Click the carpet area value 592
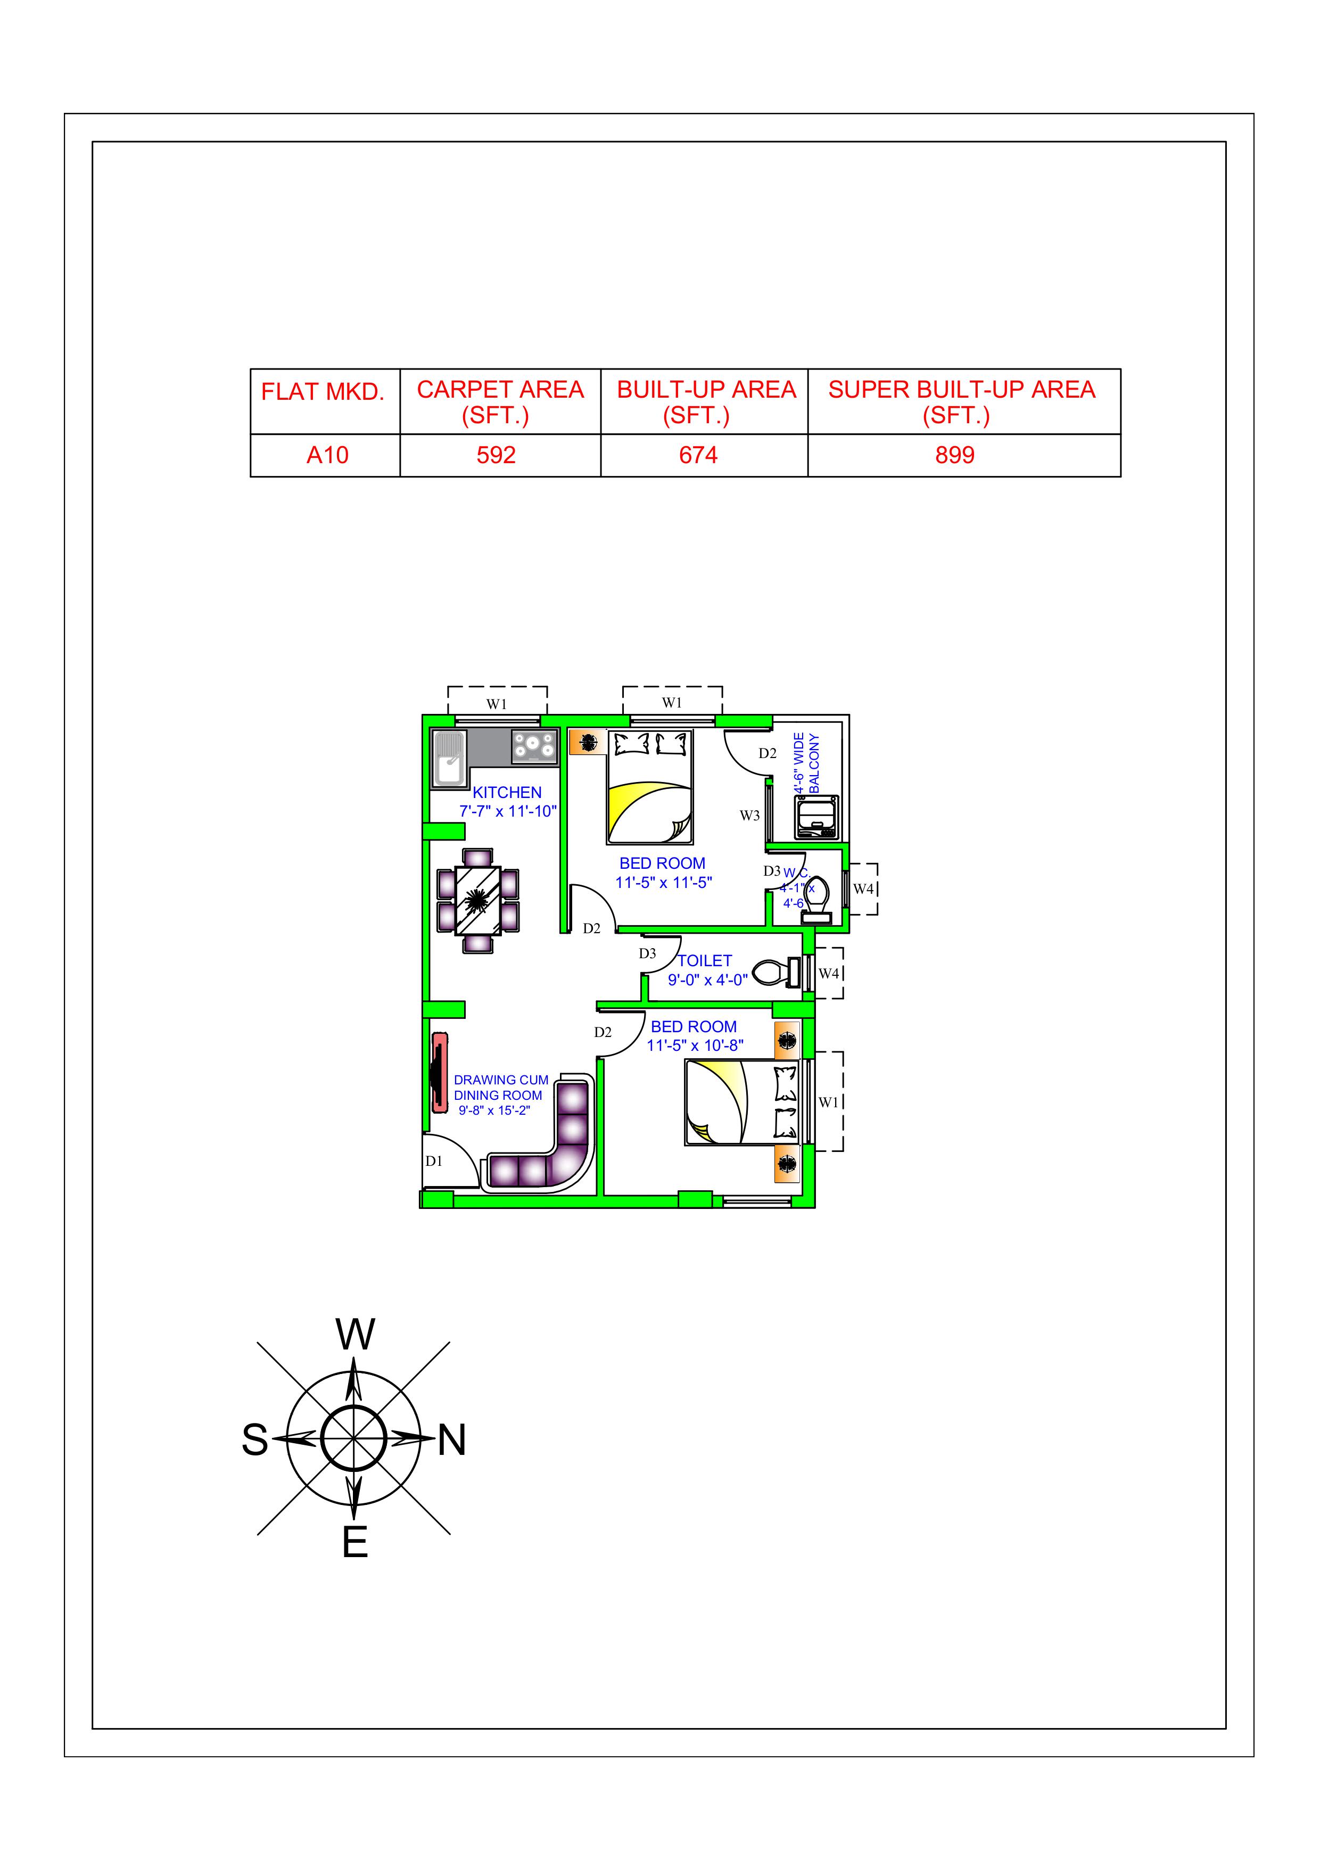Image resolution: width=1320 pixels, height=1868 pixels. click(496, 455)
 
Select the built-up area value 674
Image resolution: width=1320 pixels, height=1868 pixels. click(698, 455)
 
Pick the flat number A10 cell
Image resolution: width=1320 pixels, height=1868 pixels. click(327, 455)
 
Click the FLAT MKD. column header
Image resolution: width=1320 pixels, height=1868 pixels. click(323, 392)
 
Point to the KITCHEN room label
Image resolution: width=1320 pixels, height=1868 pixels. click(507, 793)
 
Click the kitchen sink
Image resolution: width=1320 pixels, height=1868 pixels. click(448, 759)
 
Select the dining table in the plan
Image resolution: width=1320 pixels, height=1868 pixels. click(478, 901)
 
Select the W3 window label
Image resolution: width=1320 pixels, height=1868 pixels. click(749, 815)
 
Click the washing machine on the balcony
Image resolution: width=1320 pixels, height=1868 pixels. click(816, 817)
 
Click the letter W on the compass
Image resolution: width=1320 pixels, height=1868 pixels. click(356, 1334)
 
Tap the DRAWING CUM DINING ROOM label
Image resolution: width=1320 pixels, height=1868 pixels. click(500, 1088)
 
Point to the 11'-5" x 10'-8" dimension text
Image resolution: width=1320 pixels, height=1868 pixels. click(695, 1046)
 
